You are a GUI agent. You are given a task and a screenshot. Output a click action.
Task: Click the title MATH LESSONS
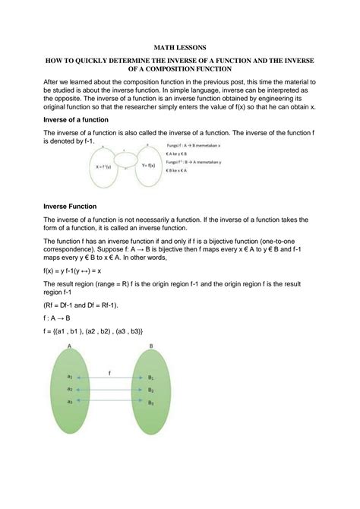(179, 46)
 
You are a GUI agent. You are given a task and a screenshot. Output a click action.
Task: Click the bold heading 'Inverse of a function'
(76, 120)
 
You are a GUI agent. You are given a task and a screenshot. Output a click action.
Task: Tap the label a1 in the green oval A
(70, 377)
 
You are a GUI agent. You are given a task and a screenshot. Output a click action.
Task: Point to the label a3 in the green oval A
(70, 402)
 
